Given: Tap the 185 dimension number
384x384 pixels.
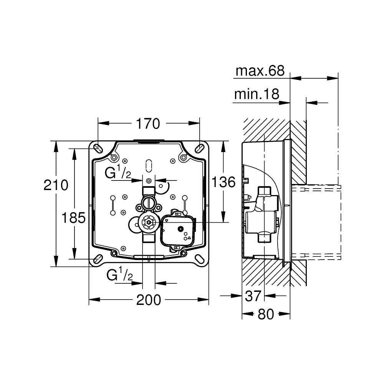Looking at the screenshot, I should click(x=74, y=218).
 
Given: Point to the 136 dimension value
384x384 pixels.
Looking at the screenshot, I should click(x=223, y=182).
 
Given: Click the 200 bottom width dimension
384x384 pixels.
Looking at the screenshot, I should click(x=149, y=300).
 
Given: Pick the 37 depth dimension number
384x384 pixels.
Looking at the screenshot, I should click(x=253, y=296).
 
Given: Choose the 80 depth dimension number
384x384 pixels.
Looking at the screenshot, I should click(x=266, y=314).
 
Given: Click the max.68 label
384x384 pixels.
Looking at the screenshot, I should click(x=260, y=71).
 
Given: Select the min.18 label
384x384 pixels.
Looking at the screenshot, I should click(x=257, y=94).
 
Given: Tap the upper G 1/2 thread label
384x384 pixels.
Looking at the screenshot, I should click(x=118, y=173).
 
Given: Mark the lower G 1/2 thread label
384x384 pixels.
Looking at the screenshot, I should click(x=119, y=275).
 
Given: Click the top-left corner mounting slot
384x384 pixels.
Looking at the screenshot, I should click(x=98, y=148).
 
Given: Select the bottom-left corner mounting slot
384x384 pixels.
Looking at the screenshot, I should click(x=98, y=258).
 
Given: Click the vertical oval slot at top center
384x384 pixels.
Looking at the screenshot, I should click(x=149, y=165).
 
